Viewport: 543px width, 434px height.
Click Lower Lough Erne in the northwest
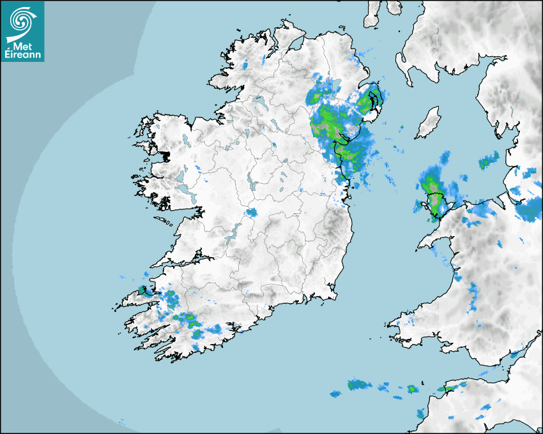(259, 101)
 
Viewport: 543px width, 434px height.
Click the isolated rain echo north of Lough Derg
(251, 213)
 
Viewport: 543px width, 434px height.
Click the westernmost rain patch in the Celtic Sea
(335, 394)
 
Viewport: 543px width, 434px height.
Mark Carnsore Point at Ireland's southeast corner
(335, 295)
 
